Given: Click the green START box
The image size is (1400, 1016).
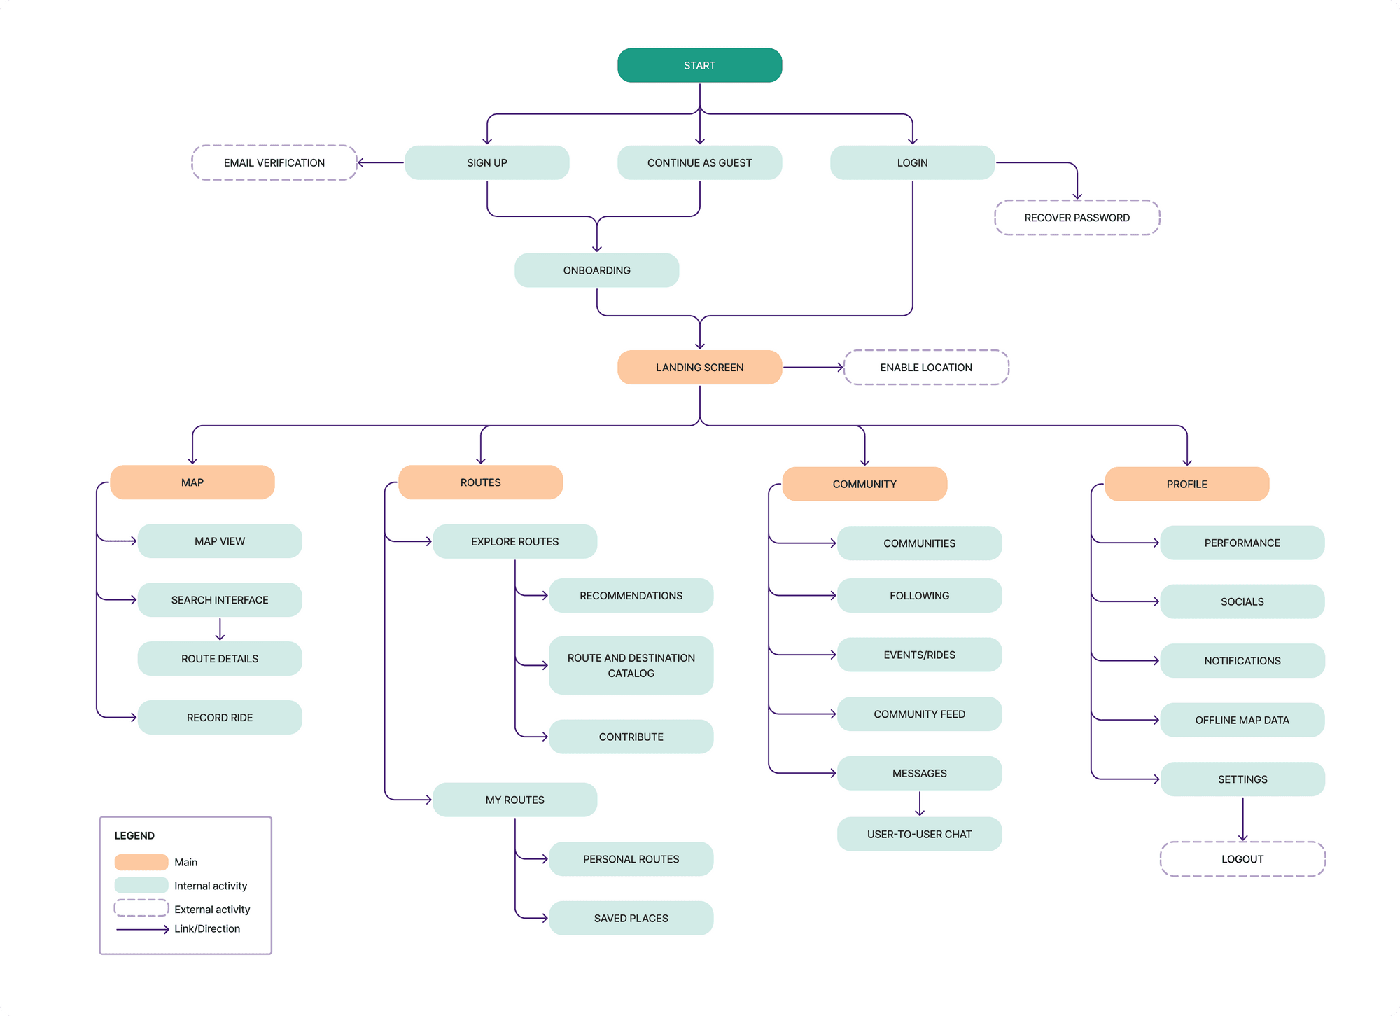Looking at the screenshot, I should pyautogui.click(x=699, y=65).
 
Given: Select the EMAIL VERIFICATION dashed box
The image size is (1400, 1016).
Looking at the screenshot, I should pyautogui.click(x=274, y=162).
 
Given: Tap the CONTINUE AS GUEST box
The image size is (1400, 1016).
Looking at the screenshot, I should pyautogui.click(x=699, y=162).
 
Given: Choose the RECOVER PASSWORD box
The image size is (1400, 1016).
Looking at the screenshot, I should pyautogui.click(x=1077, y=218).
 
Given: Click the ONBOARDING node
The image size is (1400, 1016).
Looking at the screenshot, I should pyautogui.click(x=596, y=270).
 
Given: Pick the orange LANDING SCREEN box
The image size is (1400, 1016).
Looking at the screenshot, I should pyautogui.click(x=699, y=367).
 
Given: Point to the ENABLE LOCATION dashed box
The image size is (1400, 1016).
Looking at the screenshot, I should pyautogui.click(x=925, y=367).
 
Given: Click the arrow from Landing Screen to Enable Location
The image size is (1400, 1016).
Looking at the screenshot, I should pyautogui.click(x=812, y=367).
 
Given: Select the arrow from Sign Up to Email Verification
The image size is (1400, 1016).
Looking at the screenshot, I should pyautogui.click(x=381, y=162).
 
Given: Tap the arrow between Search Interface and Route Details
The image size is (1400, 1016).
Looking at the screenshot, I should pyautogui.click(x=220, y=629).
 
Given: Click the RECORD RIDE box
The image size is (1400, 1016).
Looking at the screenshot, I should pyautogui.click(x=220, y=717).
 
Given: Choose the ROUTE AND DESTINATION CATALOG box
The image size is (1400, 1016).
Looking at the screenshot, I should pyautogui.click(x=631, y=665).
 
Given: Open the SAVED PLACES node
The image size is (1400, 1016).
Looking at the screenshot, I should pyautogui.click(x=631, y=918).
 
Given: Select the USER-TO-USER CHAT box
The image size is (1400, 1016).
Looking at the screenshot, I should pyautogui.click(x=919, y=834).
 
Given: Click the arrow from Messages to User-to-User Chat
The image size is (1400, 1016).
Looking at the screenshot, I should pyautogui.click(x=919, y=803).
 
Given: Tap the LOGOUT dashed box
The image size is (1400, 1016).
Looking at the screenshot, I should pyautogui.click(x=1242, y=858).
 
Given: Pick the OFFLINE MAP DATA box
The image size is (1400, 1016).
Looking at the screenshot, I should pyautogui.click(x=1242, y=720).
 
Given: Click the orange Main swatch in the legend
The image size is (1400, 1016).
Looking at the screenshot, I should pyautogui.click(x=141, y=862).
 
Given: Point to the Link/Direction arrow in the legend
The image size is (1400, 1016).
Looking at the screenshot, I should pyautogui.click(x=143, y=929).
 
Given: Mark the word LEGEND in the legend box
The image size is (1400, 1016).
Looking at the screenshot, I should pyautogui.click(x=134, y=835).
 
